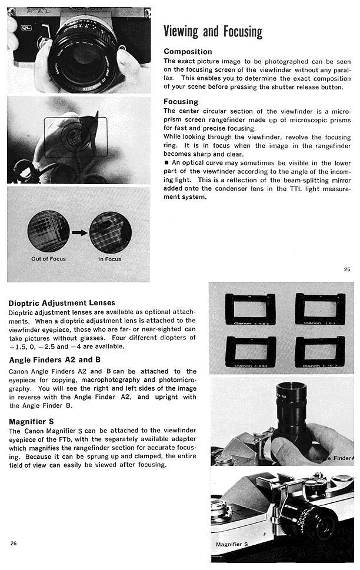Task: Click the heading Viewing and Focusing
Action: click(x=212, y=32)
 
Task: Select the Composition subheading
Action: click(x=188, y=52)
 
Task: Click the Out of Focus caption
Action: click(x=48, y=259)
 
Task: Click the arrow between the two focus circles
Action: click(x=79, y=233)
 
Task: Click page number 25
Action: click(x=346, y=269)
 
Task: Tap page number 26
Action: click(x=13, y=543)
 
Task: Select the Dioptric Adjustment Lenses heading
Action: click(x=62, y=303)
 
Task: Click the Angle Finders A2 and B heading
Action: click(x=55, y=360)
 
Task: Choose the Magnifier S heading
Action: click(x=31, y=421)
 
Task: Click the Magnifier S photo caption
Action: click(x=232, y=544)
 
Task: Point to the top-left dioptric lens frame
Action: click(x=250, y=309)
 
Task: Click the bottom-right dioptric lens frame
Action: click(x=319, y=351)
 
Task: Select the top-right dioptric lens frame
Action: click(x=319, y=309)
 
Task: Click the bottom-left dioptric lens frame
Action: click(x=250, y=351)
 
